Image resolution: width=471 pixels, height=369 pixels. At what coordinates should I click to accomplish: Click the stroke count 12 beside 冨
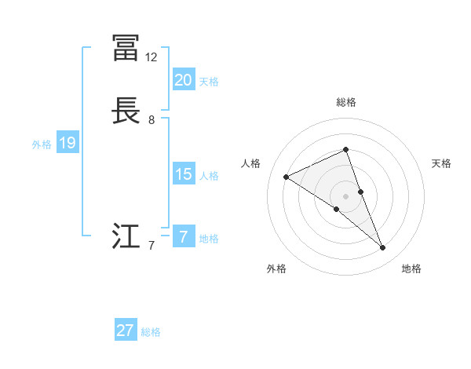(x=152, y=57)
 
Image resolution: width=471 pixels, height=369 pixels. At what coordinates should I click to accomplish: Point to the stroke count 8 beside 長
(x=152, y=120)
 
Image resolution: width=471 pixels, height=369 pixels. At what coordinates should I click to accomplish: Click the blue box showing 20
(x=183, y=80)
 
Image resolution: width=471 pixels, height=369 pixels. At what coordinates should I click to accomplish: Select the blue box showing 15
(x=183, y=174)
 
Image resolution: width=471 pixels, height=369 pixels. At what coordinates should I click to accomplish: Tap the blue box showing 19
(x=67, y=143)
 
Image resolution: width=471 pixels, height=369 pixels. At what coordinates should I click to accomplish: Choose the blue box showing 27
(x=126, y=331)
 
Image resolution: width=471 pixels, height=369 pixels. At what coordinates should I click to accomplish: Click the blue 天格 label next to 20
(x=209, y=81)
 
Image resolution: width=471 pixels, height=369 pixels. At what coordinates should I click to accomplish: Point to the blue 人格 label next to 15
(x=209, y=175)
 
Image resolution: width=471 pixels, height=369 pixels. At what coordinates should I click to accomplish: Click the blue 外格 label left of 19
(x=42, y=144)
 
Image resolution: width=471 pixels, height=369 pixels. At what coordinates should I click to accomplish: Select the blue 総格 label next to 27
(x=151, y=331)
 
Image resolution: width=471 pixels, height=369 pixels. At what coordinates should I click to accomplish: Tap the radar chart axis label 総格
(x=345, y=102)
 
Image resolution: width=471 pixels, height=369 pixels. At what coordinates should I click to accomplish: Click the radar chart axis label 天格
(x=442, y=163)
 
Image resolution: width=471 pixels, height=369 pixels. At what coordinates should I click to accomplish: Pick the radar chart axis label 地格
(x=411, y=269)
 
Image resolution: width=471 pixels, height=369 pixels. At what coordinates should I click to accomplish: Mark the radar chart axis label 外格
(x=276, y=269)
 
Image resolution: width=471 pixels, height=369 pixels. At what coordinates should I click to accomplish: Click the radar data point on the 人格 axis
(x=286, y=177)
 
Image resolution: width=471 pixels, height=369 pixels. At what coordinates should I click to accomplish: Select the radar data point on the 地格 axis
(x=383, y=248)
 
